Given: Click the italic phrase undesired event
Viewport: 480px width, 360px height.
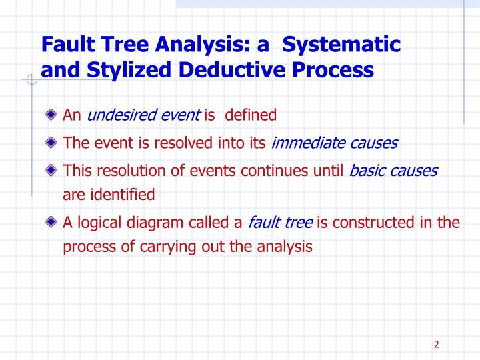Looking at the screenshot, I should click(143, 115).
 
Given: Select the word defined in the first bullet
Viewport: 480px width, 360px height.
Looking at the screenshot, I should click(251, 115).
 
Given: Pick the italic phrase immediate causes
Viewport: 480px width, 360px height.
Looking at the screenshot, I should click(335, 143).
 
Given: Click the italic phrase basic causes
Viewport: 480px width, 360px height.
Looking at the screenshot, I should click(393, 170).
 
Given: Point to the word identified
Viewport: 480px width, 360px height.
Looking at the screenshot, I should click(121, 195).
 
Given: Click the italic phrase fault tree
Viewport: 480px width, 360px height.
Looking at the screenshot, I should click(280, 222).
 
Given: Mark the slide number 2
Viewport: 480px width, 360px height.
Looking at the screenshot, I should click(436, 344).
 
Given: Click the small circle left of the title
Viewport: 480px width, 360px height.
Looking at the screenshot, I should click(29, 81).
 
